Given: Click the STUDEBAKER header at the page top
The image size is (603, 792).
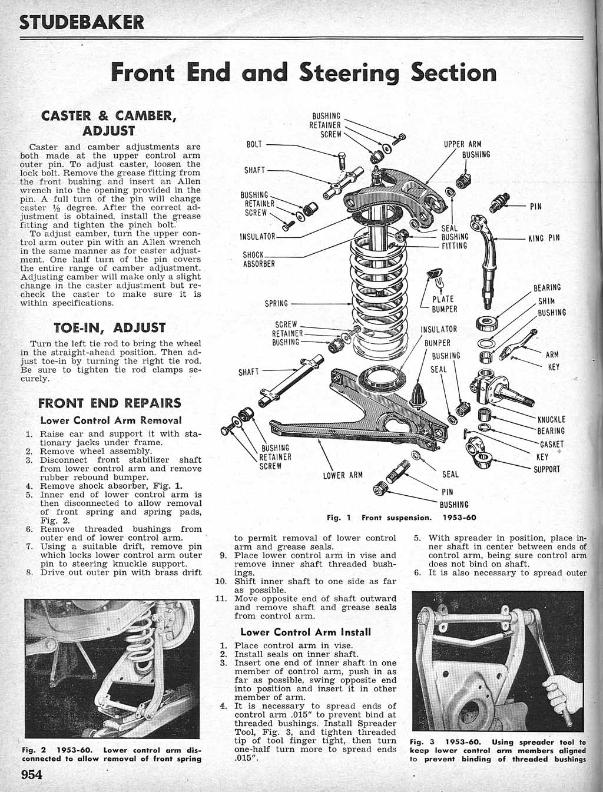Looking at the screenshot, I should (x=82, y=22).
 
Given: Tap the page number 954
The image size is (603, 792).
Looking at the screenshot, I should (x=32, y=774).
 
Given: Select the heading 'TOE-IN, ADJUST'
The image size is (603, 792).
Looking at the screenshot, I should (x=110, y=327).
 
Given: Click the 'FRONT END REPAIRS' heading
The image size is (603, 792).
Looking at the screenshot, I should (x=110, y=403).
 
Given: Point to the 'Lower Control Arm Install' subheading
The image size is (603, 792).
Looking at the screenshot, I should (x=306, y=632).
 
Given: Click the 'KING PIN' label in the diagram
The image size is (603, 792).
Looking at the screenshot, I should (x=544, y=238).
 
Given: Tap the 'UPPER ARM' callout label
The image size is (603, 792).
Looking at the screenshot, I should (x=462, y=144).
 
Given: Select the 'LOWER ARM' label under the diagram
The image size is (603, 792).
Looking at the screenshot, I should (x=343, y=475).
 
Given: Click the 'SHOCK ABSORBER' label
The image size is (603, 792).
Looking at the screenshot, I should (x=259, y=260).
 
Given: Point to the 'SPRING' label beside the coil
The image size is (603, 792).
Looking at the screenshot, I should (x=276, y=304).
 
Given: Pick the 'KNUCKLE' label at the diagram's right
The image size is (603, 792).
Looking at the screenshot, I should (x=551, y=420).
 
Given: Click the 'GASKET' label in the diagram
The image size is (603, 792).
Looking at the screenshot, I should (x=552, y=445).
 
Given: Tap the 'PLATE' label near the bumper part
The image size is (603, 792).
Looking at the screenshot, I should (x=443, y=299).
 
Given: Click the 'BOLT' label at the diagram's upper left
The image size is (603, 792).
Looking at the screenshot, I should (x=254, y=144).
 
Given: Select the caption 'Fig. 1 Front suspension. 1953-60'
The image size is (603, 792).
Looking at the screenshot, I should (x=401, y=518).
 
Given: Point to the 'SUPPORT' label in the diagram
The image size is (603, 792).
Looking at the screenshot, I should (x=547, y=469).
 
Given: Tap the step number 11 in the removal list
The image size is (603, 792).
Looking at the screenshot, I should (x=221, y=599).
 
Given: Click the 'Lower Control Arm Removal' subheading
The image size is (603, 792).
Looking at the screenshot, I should (x=111, y=420).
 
